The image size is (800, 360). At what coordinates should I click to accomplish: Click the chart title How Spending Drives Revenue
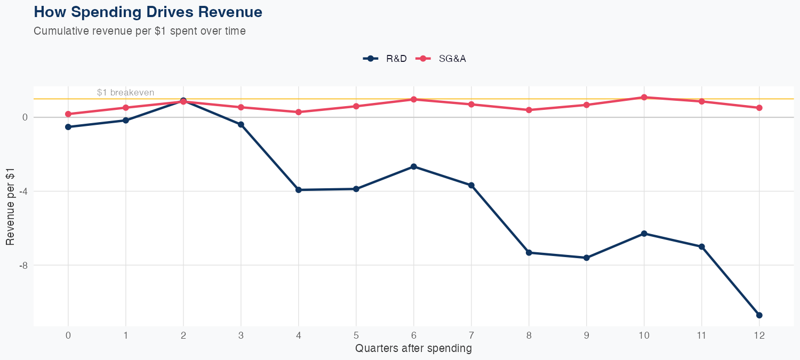coord(148,12)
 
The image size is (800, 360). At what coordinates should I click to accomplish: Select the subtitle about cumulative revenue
coord(140,31)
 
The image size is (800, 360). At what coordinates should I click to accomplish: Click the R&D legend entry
coord(385,59)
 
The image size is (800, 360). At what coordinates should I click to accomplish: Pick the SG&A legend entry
coord(442,59)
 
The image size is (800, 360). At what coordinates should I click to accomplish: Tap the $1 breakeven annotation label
coord(125,92)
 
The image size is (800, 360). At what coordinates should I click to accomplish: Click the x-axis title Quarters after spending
coord(413,349)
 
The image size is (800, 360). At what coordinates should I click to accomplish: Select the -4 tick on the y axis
coord(23,191)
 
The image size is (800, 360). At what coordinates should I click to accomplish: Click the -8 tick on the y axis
coord(23,265)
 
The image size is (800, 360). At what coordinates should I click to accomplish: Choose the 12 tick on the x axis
coord(759,335)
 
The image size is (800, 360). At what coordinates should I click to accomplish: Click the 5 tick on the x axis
coord(356,335)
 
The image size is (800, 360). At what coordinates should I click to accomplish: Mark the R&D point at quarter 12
coord(759,315)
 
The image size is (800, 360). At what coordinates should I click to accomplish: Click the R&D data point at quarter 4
coord(298,190)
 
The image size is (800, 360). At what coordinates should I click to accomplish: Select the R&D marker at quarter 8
coord(529,253)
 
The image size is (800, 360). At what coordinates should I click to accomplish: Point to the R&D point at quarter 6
coord(413,166)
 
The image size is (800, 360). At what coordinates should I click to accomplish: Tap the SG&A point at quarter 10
coord(644,97)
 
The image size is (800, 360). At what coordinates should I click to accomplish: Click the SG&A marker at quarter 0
coord(68,114)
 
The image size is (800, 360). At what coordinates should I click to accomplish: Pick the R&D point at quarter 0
coord(68,127)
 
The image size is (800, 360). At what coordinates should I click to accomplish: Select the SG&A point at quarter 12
coord(759,108)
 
